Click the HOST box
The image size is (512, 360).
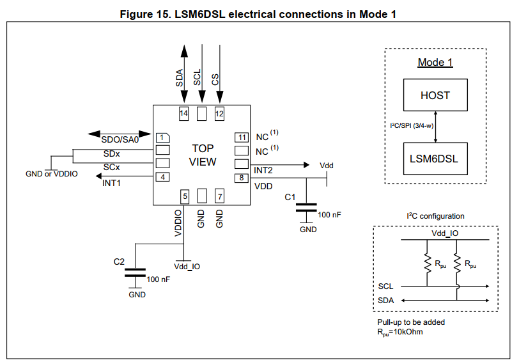pyautogui.click(x=435, y=95)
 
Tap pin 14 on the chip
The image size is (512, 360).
pyautogui.click(x=184, y=114)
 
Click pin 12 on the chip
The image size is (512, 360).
pyautogui.click(x=219, y=114)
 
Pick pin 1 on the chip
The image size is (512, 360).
pyautogui.click(x=162, y=137)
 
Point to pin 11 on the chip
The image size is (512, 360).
pyautogui.click(x=241, y=137)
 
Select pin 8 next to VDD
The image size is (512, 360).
pyautogui.click(x=241, y=177)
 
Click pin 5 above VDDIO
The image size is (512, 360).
pyautogui.click(x=184, y=196)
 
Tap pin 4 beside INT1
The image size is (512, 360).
pyautogui.click(x=162, y=177)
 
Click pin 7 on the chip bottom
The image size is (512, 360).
pyautogui.click(x=219, y=196)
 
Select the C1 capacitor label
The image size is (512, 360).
pyautogui.click(x=290, y=197)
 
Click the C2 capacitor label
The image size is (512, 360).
pyautogui.click(x=118, y=262)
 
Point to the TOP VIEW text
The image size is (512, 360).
pyautogui.click(x=203, y=155)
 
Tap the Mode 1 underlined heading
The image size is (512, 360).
pyautogui.click(x=435, y=63)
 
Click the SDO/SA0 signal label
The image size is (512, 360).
pyautogui.click(x=120, y=140)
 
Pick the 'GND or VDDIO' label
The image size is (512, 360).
pyautogui.click(x=52, y=174)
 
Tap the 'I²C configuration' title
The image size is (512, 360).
pyautogui.click(x=435, y=216)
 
